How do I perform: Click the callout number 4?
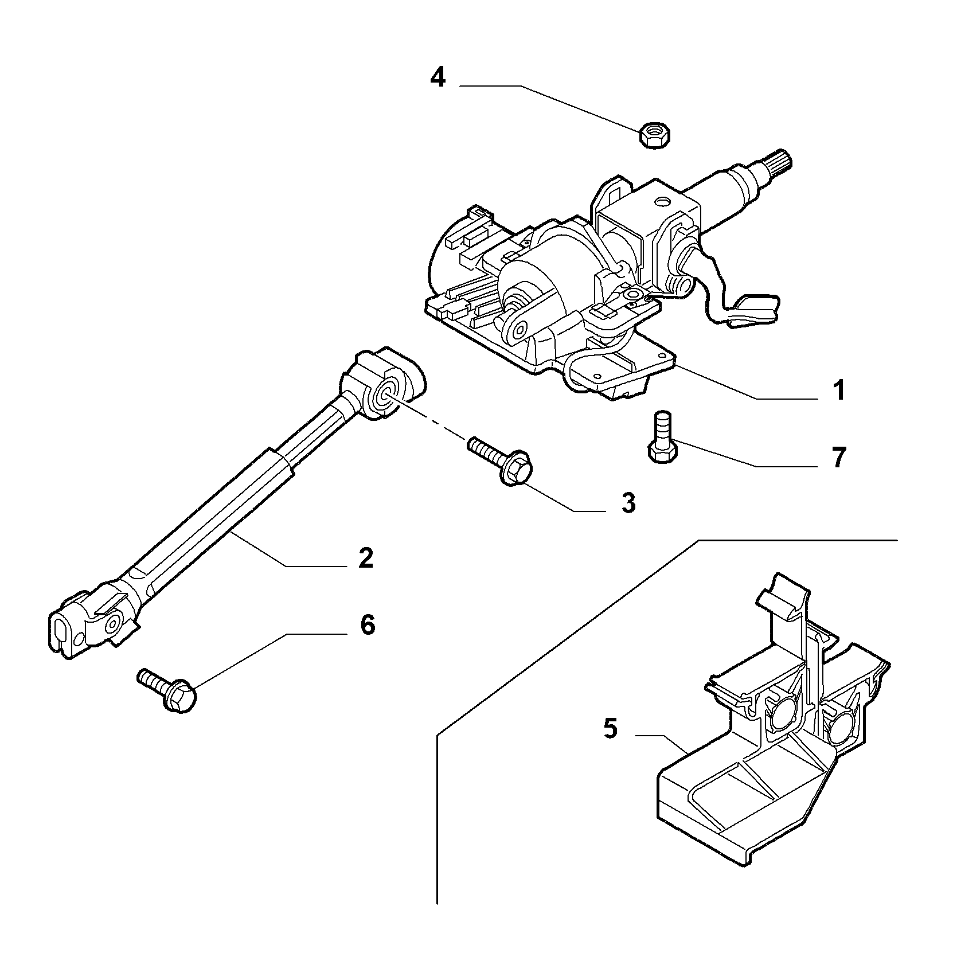coord(438,77)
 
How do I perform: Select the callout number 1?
coord(838,391)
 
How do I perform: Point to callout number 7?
coord(838,458)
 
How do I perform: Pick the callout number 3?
coord(628,503)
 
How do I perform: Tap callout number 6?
coord(367,624)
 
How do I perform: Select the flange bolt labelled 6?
coord(167,690)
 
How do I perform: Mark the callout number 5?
coord(610,729)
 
